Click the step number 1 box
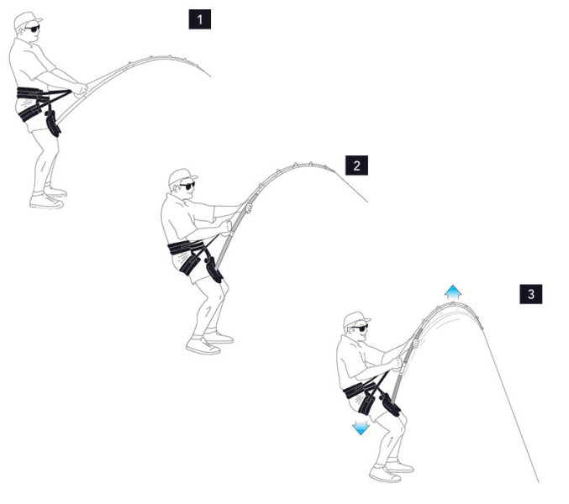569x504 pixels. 199,19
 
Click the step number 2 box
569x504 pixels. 356,165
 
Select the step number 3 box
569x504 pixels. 531,294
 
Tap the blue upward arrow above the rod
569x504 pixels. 453,291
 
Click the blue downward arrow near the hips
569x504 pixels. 361,428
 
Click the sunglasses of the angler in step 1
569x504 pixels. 33,29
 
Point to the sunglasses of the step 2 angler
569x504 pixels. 187,186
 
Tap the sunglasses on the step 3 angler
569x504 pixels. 360,328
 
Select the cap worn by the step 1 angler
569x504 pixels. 27,19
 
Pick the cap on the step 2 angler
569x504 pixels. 182,176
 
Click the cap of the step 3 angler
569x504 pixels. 356,318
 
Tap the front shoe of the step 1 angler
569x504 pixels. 46,201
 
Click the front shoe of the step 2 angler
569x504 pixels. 203,346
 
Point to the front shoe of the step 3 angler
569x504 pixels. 385,475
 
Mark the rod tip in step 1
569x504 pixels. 210,77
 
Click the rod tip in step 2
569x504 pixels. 367,202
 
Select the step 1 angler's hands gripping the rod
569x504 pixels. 81,89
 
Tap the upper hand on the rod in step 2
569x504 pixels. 249,207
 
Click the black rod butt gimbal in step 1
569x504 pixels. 53,124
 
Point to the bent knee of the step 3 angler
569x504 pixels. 402,422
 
